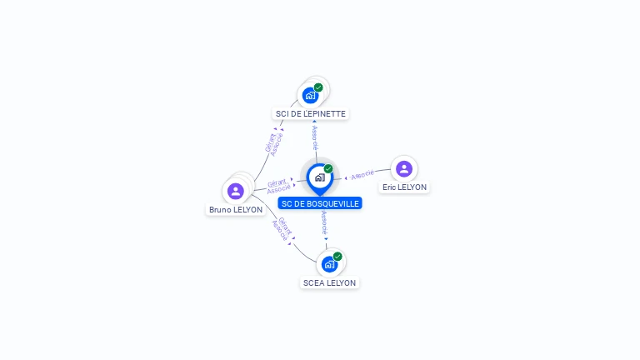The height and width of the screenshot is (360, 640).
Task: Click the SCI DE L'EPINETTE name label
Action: click(x=310, y=113)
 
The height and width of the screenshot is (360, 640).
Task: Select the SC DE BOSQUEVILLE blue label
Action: click(x=320, y=203)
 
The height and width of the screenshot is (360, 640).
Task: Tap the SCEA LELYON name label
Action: click(x=329, y=282)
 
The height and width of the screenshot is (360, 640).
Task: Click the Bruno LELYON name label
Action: click(x=236, y=210)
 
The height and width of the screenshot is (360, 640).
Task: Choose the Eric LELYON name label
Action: click(x=404, y=187)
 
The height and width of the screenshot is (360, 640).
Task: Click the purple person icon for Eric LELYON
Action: click(x=404, y=168)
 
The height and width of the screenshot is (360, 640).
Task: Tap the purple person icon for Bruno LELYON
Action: click(x=236, y=191)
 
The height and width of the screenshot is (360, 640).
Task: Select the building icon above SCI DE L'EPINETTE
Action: click(x=310, y=95)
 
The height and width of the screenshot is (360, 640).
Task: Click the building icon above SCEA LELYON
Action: click(x=329, y=264)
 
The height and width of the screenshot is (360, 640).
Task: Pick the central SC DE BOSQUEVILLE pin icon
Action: click(x=319, y=177)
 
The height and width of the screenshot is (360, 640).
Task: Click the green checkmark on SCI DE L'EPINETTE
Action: click(x=318, y=87)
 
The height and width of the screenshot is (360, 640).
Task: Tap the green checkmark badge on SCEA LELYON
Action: click(x=337, y=257)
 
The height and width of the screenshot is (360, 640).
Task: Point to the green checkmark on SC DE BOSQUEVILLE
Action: click(x=328, y=168)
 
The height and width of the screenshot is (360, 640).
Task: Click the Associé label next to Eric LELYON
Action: click(x=362, y=175)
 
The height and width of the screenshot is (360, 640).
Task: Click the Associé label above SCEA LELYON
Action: click(x=324, y=223)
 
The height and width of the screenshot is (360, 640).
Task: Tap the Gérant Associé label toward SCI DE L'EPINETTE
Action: click(x=273, y=143)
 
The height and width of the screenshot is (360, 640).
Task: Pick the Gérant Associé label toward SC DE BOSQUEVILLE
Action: click(x=277, y=187)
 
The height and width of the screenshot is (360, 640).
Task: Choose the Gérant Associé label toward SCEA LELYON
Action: click(x=282, y=229)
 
